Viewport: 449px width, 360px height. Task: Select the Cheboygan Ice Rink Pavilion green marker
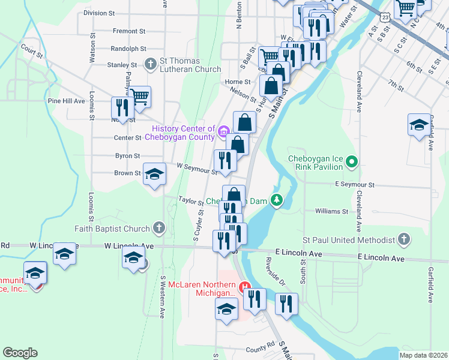(352, 161)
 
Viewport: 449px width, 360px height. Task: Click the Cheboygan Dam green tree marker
(277, 200)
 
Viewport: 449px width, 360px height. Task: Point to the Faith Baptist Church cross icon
(158, 228)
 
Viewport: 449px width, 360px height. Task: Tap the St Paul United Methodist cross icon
(404, 239)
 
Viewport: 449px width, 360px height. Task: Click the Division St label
(99, 13)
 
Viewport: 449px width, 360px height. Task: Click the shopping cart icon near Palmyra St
(140, 97)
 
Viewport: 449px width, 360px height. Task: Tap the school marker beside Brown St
(154, 174)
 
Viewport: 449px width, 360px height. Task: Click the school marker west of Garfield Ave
(419, 125)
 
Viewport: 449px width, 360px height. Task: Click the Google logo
(20, 353)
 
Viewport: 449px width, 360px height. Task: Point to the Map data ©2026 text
(423, 355)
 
